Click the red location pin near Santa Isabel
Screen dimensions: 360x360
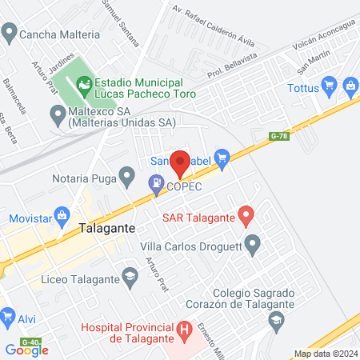pyautogui.click(x=180, y=162)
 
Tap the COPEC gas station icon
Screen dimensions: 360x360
pyautogui.click(x=155, y=186)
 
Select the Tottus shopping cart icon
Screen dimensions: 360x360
pyautogui.click(x=328, y=86)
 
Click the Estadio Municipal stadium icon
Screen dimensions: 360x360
pyautogui.click(x=84, y=83)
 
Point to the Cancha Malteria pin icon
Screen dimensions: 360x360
pyautogui.click(x=9, y=34)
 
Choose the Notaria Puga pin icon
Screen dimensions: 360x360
pyautogui.click(x=126, y=174)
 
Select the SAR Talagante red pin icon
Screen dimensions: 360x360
pyautogui.click(x=246, y=216)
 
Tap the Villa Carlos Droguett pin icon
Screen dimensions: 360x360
pyautogui.click(x=254, y=244)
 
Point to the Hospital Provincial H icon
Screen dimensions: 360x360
pyautogui.click(x=185, y=329)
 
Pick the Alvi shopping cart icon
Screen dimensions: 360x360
pyautogui.click(x=7, y=318)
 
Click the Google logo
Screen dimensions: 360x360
pyautogui.click(x=27, y=350)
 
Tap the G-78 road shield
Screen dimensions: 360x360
pyautogui.click(x=278, y=136)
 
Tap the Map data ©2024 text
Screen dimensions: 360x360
pyautogui.click(x=325, y=354)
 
